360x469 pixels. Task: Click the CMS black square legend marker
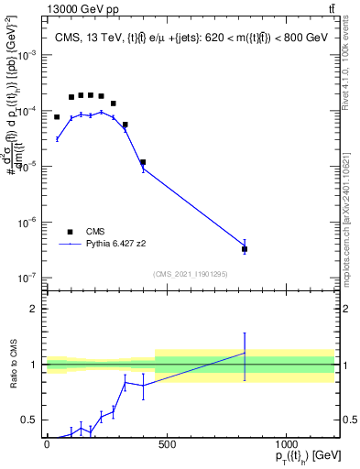click(x=69, y=232)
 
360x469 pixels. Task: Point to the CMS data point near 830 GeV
click(x=245, y=248)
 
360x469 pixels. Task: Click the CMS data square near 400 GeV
click(x=143, y=162)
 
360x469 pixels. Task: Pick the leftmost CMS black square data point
click(x=57, y=117)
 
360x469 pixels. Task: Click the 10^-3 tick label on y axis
click(x=29, y=55)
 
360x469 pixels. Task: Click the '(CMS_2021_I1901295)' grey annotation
click(x=191, y=274)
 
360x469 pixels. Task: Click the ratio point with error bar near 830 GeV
click(x=245, y=353)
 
